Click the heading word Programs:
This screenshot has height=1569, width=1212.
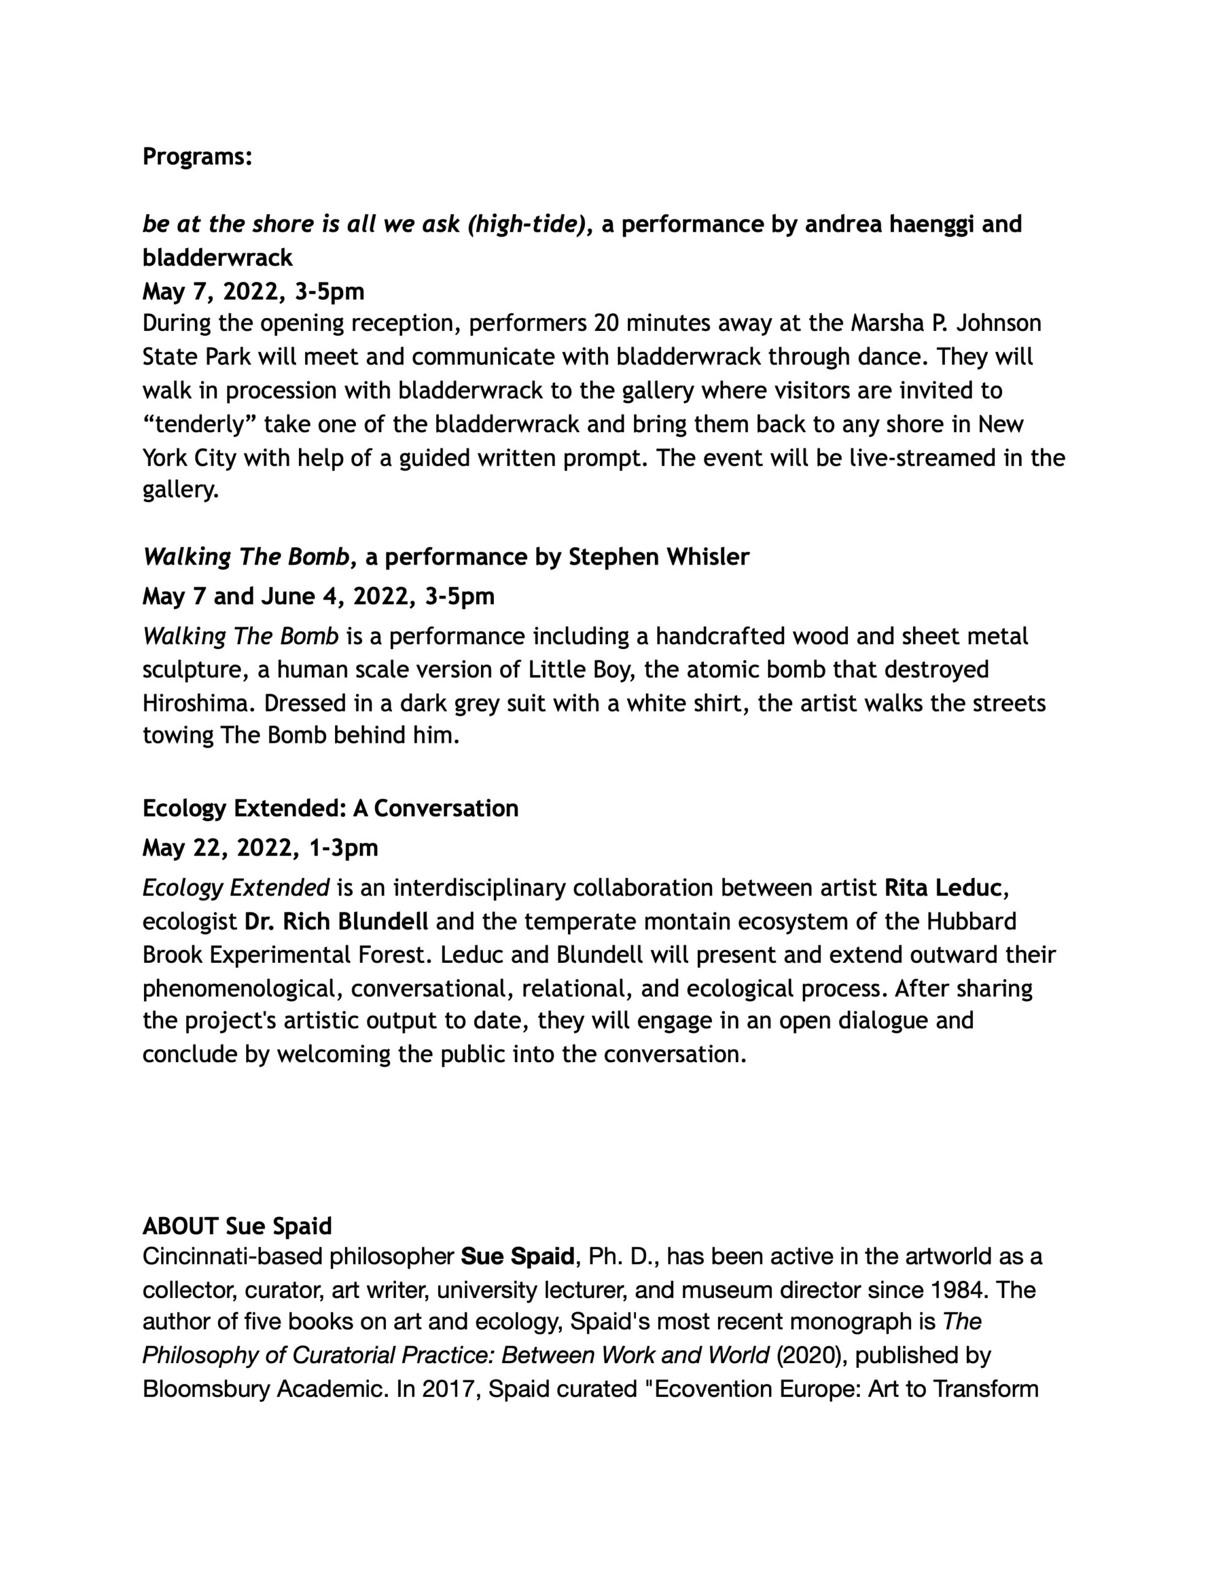[x=197, y=157]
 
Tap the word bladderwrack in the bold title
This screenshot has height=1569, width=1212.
[x=217, y=257]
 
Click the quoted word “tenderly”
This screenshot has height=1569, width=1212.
[x=196, y=425]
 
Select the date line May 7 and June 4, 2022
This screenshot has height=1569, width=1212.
[x=318, y=596]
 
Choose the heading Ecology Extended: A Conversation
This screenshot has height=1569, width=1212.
[x=330, y=808]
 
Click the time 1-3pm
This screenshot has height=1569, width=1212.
[x=343, y=848]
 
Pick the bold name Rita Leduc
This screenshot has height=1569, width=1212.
[x=942, y=888]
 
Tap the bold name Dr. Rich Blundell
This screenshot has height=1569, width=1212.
[x=336, y=921]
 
